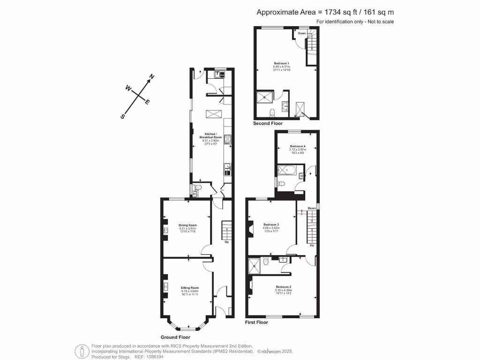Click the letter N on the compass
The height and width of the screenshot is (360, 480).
[x=151, y=76]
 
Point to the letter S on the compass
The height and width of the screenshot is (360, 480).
[x=123, y=117]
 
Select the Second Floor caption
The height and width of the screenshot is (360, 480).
[x=268, y=124]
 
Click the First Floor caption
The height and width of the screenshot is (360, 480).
[x=256, y=322]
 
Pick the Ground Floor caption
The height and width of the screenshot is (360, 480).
[x=175, y=337]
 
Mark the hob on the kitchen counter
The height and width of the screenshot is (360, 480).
[x=228, y=139]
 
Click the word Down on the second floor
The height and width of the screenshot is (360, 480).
[x=302, y=33]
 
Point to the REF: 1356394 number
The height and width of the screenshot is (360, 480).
[x=150, y=356]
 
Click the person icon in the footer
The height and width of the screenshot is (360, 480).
[x=82, y=350]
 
